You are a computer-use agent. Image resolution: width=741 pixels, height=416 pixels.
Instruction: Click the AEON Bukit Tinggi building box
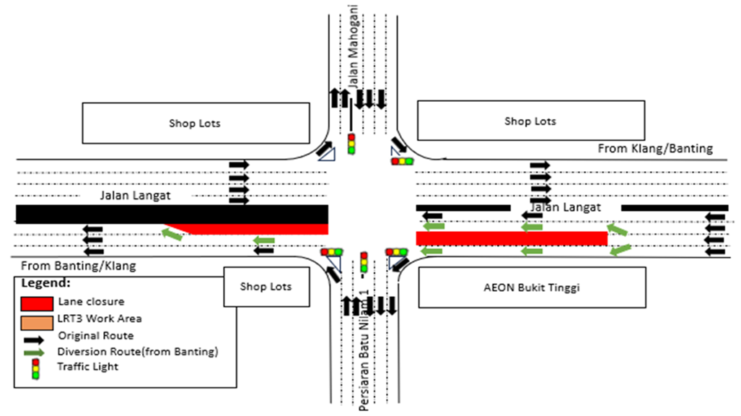(532, 287)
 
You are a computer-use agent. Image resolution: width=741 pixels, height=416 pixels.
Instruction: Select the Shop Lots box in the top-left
(195, 123)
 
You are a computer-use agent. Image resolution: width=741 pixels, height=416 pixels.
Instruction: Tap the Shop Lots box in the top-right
(530, 121)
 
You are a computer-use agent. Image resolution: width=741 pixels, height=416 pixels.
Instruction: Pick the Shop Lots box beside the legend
(266, 287)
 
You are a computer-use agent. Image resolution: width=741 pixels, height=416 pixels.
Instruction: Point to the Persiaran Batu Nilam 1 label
(364, 354)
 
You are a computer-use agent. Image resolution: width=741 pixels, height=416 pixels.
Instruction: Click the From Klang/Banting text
(654, 149)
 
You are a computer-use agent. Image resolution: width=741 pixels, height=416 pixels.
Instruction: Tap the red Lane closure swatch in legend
(37, 302)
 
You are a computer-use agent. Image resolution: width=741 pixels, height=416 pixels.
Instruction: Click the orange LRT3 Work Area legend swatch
(37, 318)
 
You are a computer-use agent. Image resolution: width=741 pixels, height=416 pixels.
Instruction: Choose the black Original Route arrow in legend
(37, 336)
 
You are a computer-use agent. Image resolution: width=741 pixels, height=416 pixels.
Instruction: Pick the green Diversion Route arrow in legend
(37, 352)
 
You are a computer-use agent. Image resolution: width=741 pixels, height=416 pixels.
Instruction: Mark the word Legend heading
(45, 282)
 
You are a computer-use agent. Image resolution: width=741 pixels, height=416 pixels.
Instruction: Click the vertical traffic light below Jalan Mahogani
(351, 144)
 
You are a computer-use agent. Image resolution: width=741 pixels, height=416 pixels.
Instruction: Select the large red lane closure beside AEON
(511, 238)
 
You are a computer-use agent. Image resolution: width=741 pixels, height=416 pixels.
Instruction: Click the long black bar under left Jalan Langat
(172, 214)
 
